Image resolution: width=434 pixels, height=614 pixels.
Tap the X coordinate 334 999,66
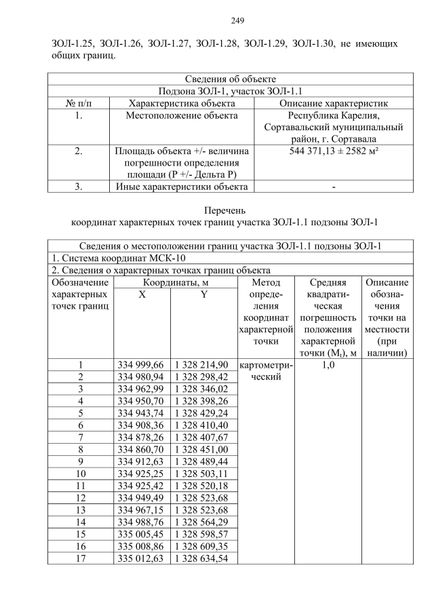[x=141, y=364]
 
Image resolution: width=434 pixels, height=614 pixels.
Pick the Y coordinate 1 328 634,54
[x=203, y=558]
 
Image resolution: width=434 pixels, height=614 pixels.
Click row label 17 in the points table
[x=80, y=558]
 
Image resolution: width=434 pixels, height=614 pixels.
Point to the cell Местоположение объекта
[x=182, y=115]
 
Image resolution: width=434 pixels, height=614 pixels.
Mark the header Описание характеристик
[x=333, y=103]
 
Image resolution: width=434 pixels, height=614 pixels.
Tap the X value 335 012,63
[x=141, y=558]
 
